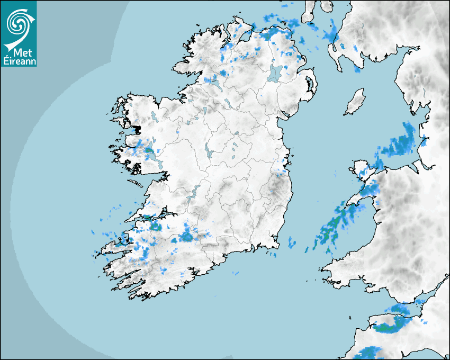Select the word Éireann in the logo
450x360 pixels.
[19, 61]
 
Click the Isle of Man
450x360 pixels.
[355, 102]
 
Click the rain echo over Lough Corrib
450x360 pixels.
[150, 152]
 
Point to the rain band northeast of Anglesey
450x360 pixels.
[400, 142]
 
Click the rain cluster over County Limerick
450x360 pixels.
[186, 235]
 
